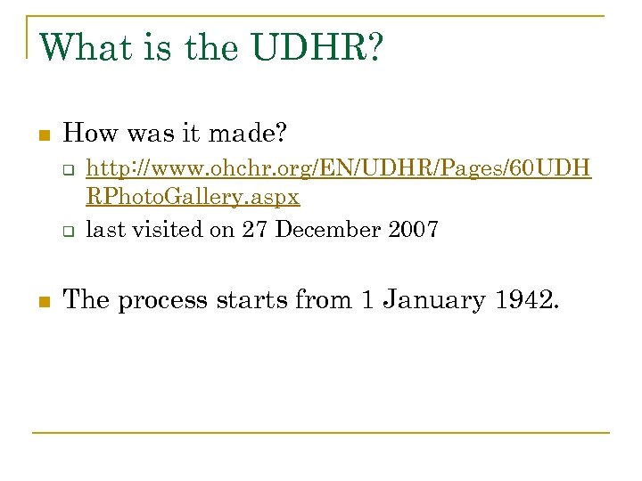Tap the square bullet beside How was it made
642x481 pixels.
click(41, 136)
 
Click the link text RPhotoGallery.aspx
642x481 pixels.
click(193, 196)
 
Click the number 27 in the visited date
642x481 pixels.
click(255, 229)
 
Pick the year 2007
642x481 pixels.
click(414, 229)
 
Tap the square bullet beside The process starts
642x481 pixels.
click(41, 301)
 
